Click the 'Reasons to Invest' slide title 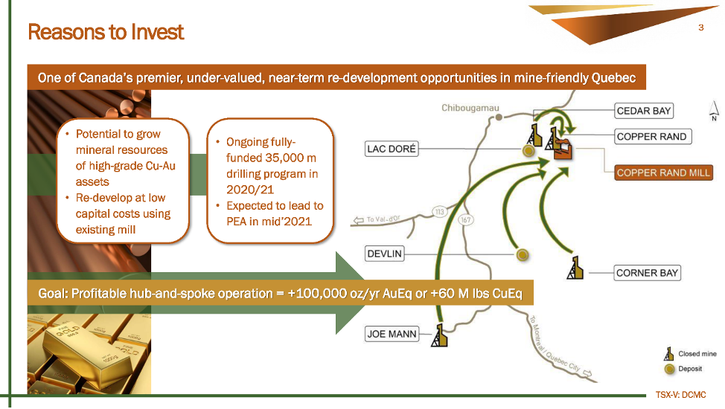coord(106,32)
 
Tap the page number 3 coord(701,28)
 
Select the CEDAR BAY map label coord(644,111)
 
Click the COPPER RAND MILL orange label coord(663,173)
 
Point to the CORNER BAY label coord(648,273)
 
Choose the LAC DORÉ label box coord(392,149)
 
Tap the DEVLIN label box coord(385,254)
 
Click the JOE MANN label coord(392,334)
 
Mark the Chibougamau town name coord(470,108)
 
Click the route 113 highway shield coord(439,212)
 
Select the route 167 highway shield coord(466,219)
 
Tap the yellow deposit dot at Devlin coord(523,254)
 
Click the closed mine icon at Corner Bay coord(575,268)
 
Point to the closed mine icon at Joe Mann coord(439,335)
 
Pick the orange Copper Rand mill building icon coord(563,149)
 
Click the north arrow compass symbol coord(714,111)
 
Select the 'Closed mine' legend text coord(697,354)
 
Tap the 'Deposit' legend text coord(690,369)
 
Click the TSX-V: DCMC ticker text coord(680,395)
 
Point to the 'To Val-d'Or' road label coord(383,219)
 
